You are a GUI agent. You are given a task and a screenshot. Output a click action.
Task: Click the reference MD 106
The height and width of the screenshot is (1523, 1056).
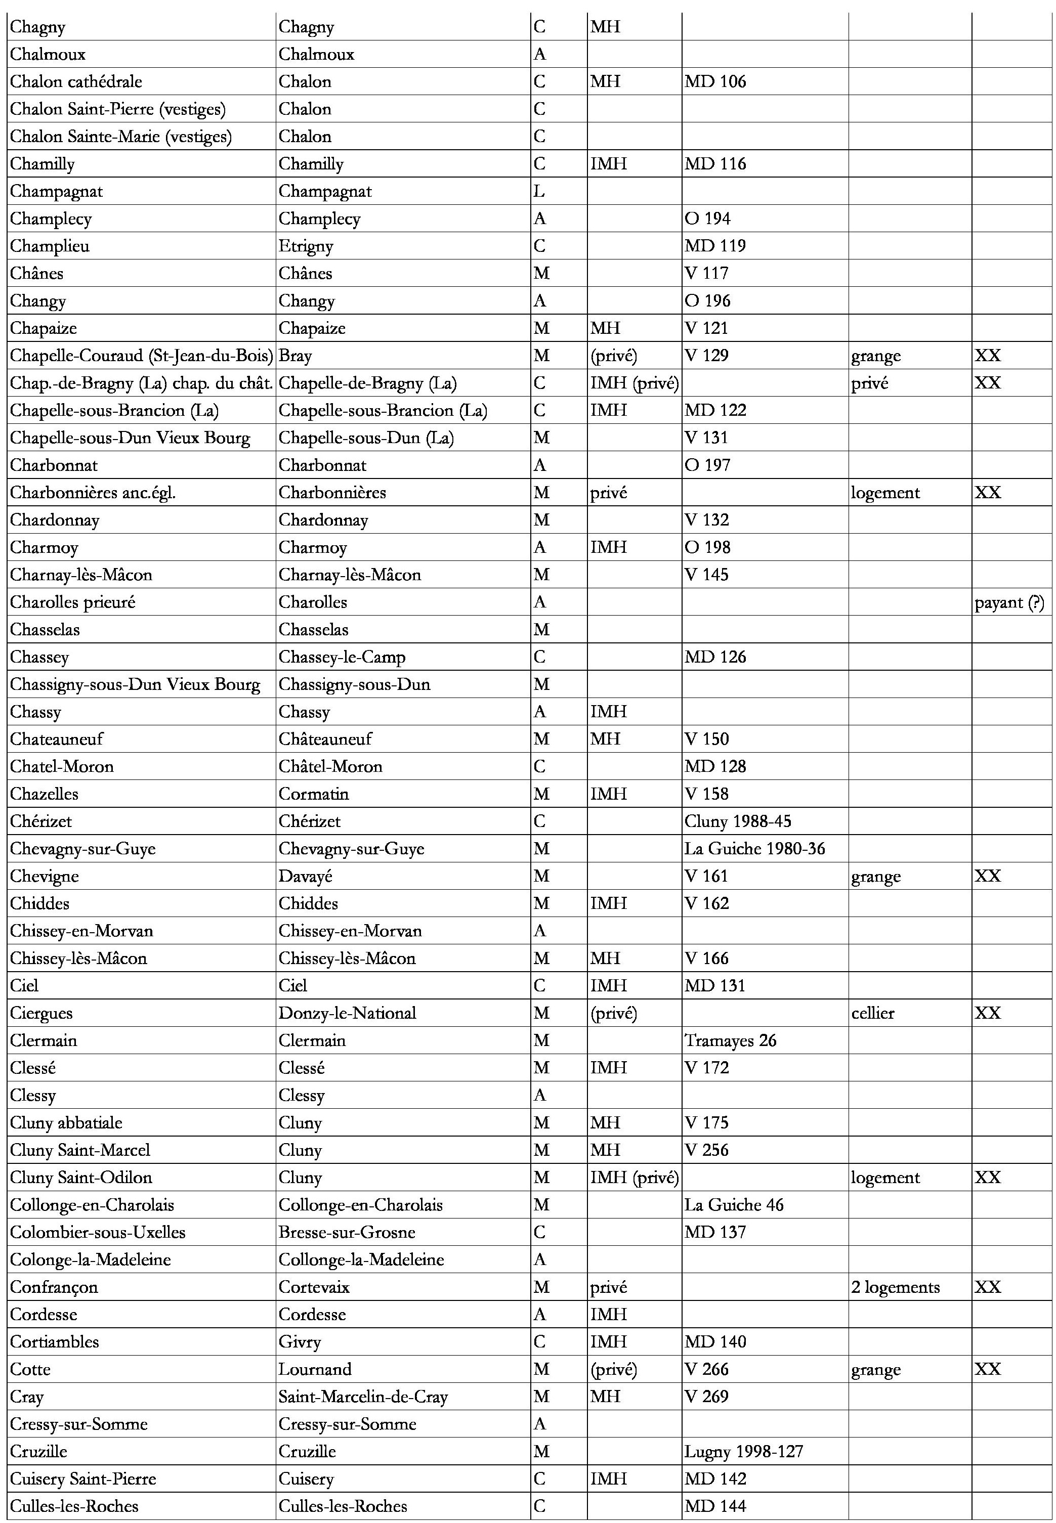(715, 82)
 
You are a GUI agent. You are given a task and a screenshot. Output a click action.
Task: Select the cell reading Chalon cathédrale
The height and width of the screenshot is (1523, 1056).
(76, 82)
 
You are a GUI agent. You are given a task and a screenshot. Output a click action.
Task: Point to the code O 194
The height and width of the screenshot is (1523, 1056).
(707, 219)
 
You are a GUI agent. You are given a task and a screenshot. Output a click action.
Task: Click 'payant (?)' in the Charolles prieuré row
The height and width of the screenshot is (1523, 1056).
(1009, 602)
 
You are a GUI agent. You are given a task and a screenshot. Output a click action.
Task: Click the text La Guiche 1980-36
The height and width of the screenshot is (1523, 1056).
(755, 848)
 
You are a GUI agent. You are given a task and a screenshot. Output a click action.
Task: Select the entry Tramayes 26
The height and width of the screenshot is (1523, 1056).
(731, 1041)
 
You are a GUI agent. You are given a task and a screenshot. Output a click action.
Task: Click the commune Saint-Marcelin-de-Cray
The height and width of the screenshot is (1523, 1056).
(363, 1397)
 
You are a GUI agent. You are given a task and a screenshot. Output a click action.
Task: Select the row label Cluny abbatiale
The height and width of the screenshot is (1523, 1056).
(66, 1123)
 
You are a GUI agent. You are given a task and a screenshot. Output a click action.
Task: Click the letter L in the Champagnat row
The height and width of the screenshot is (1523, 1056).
(539, 192)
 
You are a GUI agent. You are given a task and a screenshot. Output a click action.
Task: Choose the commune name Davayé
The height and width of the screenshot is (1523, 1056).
(306, 876)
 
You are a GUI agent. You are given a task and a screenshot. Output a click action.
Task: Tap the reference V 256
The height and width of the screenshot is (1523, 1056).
(707, 1150)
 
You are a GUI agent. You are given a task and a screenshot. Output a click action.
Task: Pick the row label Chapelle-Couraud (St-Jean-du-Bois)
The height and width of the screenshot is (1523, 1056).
(142, 356)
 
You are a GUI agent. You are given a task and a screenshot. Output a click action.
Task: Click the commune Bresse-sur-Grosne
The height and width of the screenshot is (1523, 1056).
(347, 1233)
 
